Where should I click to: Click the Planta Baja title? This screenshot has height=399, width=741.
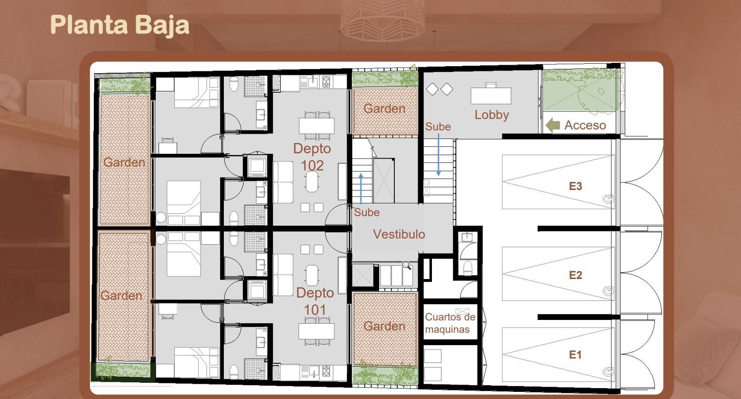tap(120, 25)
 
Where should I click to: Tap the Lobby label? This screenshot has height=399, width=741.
tap(491, 115)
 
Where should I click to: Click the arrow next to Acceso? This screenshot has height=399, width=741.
tap(552, 125)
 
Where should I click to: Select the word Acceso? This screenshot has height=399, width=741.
tap(585, 125)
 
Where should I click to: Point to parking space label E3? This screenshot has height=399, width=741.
tap(575, 186)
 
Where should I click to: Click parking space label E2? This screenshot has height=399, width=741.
tap(575, 275)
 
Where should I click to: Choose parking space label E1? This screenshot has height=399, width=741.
tap(575, 355)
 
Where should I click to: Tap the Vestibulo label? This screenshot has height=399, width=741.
tap(399, 234)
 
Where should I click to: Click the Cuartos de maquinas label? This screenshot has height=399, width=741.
tap(450, 323)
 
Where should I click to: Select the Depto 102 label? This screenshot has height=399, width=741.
tap(312, 157)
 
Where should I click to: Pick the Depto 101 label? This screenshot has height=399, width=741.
tap(315, 301)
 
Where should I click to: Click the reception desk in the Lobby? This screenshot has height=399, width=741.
tap(491, 95)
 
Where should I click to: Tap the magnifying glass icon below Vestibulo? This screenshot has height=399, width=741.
tap(407, 265)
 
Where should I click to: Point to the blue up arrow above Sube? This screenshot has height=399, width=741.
tap(361, 189)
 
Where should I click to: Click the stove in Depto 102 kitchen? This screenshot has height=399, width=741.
tap(327, 82)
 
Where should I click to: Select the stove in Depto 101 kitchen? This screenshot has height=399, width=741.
tap(327, 370)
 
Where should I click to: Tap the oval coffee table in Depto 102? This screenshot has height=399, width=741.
tap(312, 181)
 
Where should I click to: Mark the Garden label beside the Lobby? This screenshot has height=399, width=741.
tap(384, 109)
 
